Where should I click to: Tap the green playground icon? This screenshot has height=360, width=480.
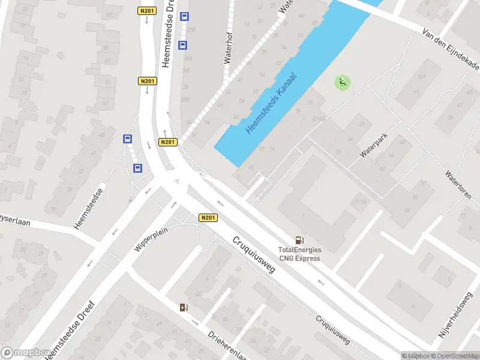[343, 83]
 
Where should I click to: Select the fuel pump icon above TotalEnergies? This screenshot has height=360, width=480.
[299, 239]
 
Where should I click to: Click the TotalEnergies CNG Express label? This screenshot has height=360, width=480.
[299, 254]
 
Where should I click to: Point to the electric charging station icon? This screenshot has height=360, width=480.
[184, 308]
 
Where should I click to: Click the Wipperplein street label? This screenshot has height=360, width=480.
[151, 238]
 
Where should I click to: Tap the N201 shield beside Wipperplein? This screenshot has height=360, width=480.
[208, 218]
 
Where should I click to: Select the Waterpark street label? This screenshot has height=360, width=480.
[374, 146]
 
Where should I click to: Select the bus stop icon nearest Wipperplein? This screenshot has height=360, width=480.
[137, 168]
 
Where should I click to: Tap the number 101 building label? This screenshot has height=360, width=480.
[421, 76]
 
